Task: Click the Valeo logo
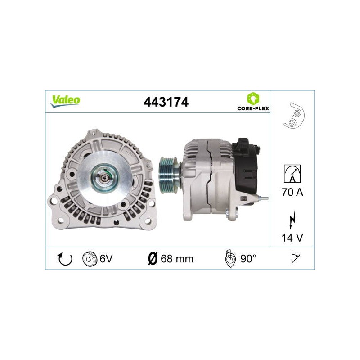click(x=65, y=101)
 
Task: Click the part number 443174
click(x=166, y=102)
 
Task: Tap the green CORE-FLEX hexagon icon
click(x=253, y=99)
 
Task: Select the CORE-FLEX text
click(x=253, y=108)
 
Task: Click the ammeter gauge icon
click(x=292, y=174)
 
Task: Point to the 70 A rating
click(x=292, y=192)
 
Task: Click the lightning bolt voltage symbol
click(x=292, y=219)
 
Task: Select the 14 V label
click(x=292, y=238)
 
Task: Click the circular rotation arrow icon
click(x=65, y=259)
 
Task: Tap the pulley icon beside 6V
click(x=89, y=259)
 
